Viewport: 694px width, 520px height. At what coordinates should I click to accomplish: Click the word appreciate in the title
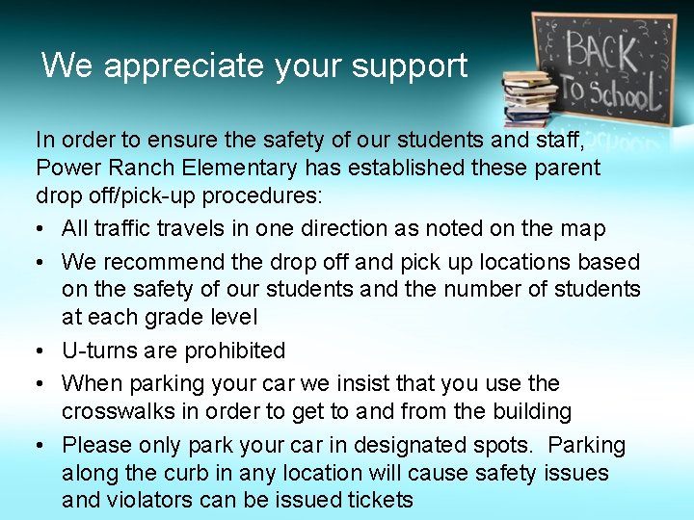tap(183, 66)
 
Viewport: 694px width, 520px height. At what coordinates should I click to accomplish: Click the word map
tap(586, 228)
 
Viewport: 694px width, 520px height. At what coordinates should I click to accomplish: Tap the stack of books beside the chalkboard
tap(529, 96)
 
